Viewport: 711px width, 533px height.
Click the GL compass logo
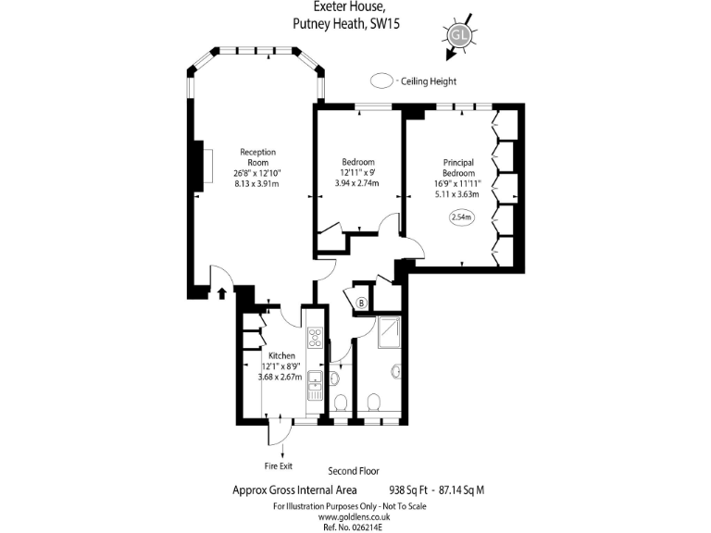click(x=457, y=35)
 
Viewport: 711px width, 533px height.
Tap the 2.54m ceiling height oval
click(x=460, y=217)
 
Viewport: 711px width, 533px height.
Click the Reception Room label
click(x=257, y=157)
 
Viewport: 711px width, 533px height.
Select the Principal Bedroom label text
click(x=458, y=167)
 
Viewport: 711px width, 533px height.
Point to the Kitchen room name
click(x=281, y=356)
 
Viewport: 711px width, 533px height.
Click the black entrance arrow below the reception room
click(x=222, y=293)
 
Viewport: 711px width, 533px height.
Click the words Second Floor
click(x=354, y=471)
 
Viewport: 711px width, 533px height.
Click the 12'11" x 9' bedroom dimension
click(x=356, y=172)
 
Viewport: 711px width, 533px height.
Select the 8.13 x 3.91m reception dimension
click(x=257, y=183)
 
